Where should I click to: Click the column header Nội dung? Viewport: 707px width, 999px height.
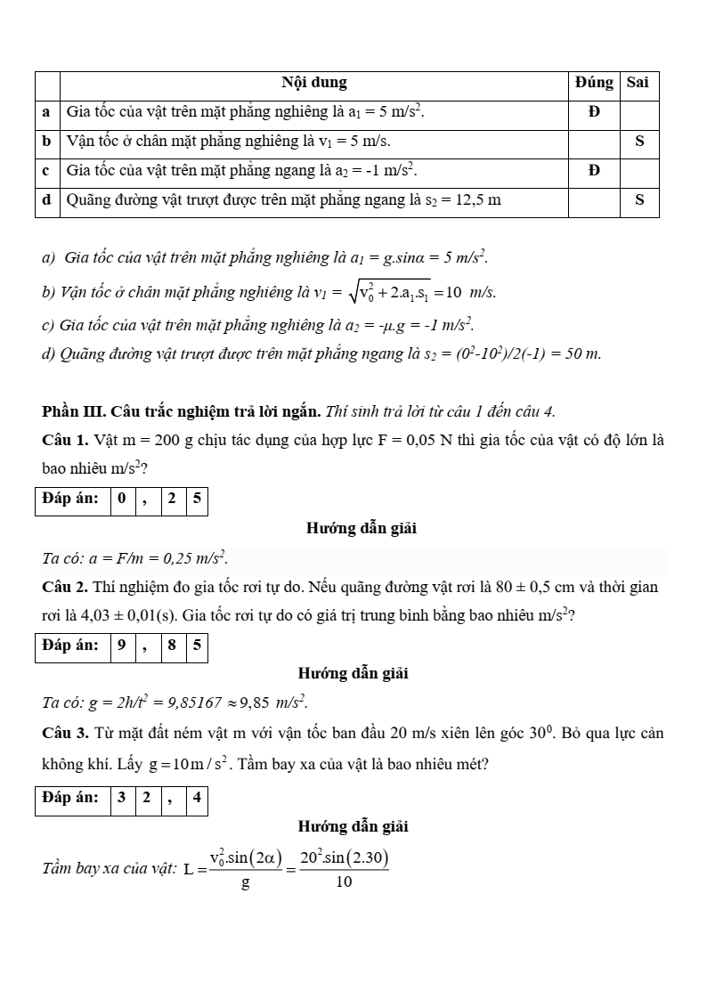[x=313, y=83]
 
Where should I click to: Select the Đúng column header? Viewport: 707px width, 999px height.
[x=594, y=83]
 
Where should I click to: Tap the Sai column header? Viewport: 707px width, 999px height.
[x=638, y=83]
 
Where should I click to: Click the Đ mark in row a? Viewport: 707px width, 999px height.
[x=594, y=112]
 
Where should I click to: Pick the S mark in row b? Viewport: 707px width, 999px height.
[x=639, y=142]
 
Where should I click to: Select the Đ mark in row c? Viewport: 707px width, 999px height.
[x=594, y=171]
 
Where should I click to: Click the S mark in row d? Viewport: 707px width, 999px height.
[x=639, y=200]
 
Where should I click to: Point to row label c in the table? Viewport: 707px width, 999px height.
[x=46, y=171]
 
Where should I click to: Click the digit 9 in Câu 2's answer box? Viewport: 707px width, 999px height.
[x=121, y=646]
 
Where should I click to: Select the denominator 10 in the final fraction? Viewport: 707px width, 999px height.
[x=345, y=883]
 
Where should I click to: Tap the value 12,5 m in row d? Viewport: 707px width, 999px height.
[x=473, y=200]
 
